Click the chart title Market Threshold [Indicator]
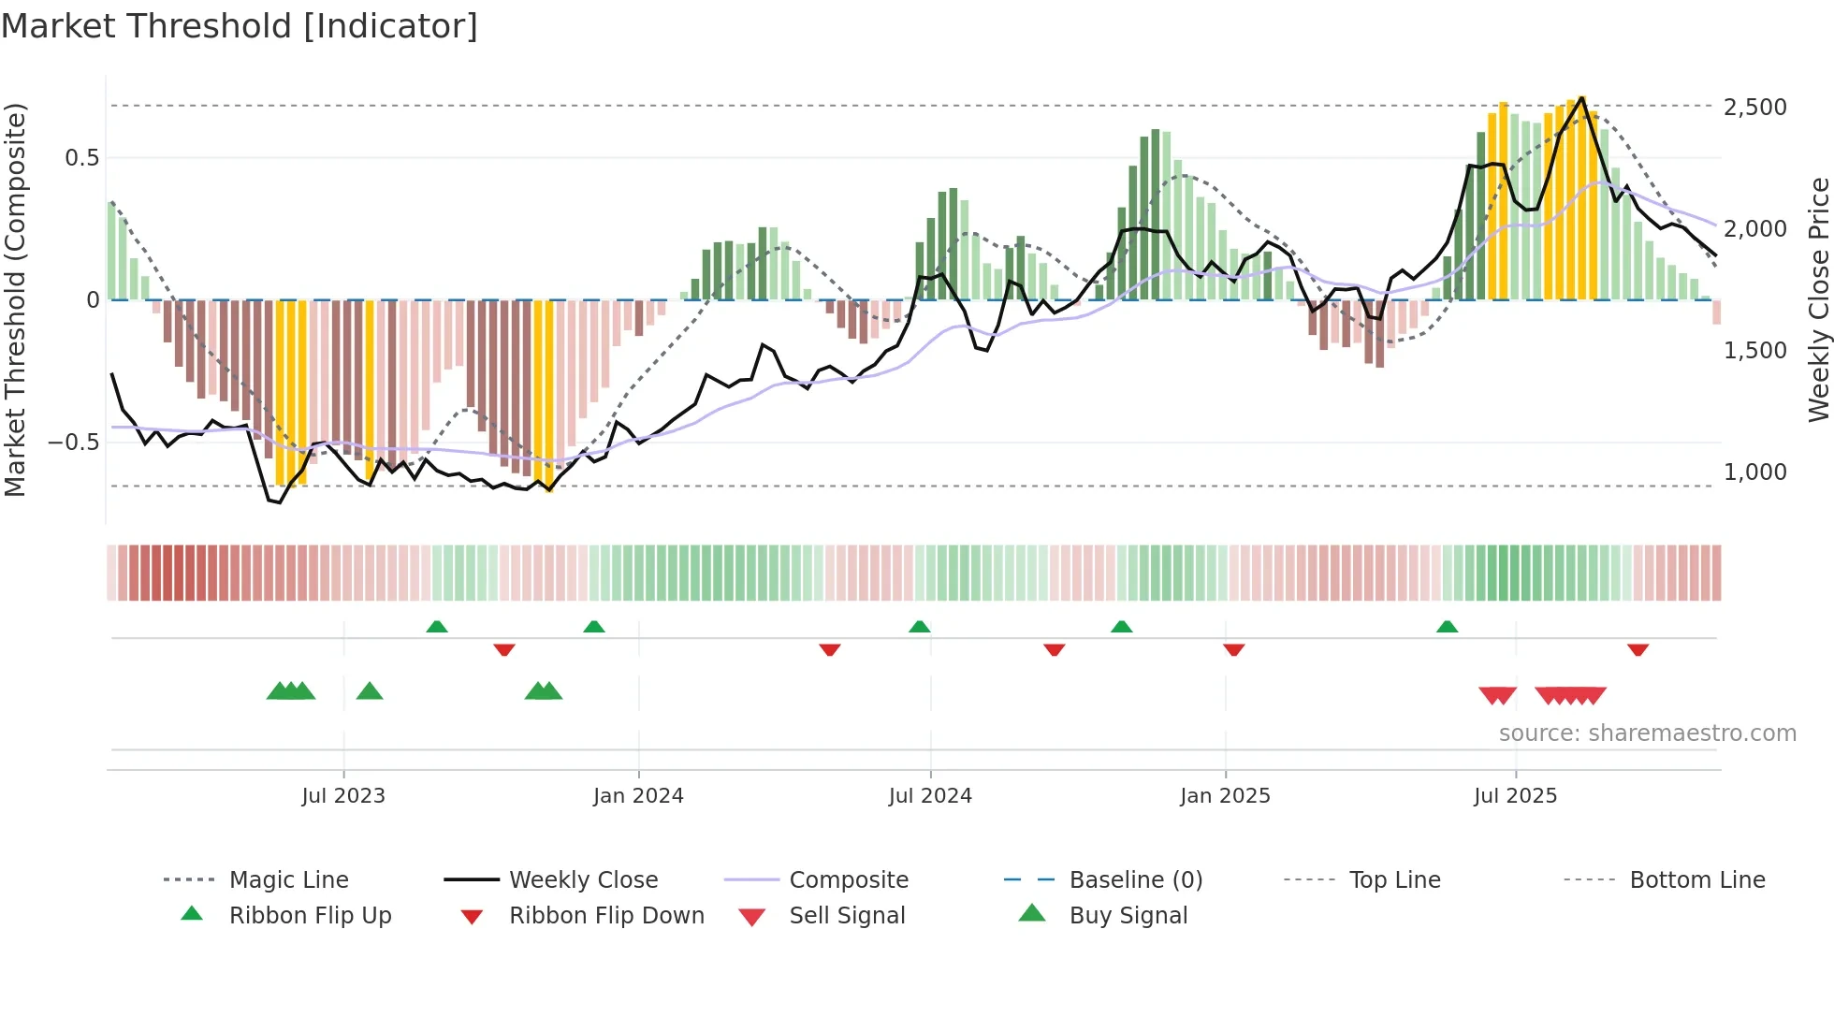(x=240, y=26)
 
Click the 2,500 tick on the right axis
(x=1754, y=108)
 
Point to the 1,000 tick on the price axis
(x=1754, y=472)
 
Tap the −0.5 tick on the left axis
(x=74, y=443)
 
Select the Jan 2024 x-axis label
(x=638, y=796)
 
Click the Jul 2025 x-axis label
(x=1515, y=796)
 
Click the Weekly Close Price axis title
(x=1818, y=299)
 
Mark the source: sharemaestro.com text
(x=1647, y=733)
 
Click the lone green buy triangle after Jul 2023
(x=370, y=691)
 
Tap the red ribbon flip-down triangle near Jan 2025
(x=1233, y=649)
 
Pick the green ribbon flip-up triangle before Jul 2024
(x=919, y=626)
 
